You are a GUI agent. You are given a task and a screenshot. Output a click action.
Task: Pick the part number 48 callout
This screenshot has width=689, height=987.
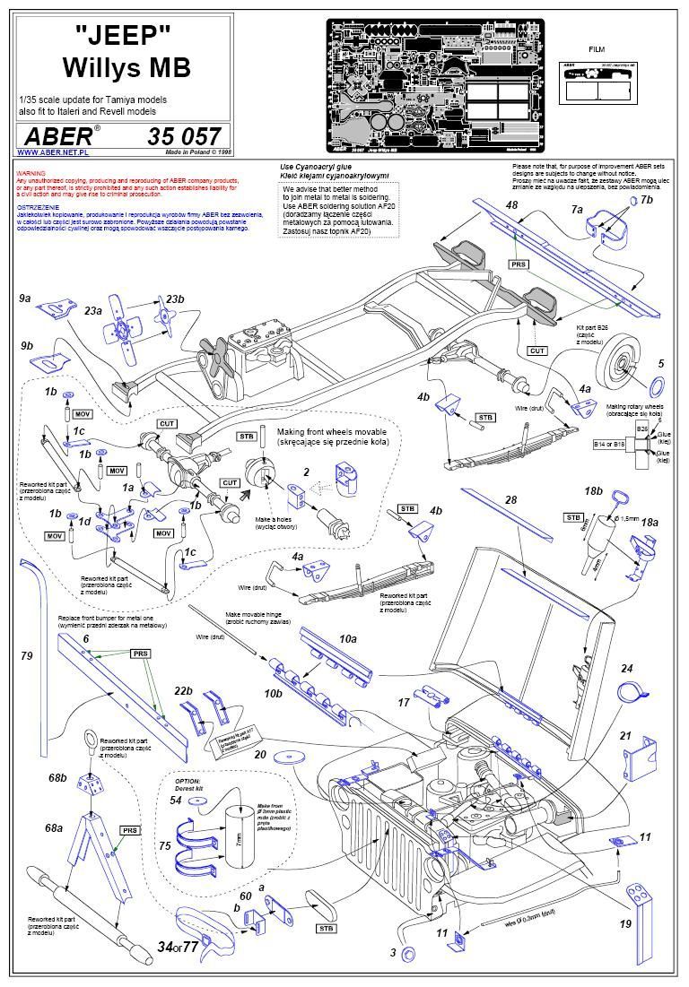pos(511,206)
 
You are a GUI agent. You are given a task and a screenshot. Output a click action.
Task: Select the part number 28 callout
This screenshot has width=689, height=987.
pos(511,498)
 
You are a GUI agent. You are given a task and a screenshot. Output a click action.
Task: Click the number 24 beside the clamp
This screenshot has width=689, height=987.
pos(627,669)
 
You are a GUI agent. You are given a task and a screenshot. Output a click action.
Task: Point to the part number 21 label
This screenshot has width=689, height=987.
pos(626,735)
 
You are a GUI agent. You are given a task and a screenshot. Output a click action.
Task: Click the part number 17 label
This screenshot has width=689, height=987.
pos(404,704)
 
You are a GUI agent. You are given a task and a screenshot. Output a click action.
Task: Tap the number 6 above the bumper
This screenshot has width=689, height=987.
pos(86,637)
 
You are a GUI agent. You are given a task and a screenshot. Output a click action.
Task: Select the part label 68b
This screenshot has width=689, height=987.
pos(58,776)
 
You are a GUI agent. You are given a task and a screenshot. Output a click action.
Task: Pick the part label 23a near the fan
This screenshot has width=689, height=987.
pos(92,310)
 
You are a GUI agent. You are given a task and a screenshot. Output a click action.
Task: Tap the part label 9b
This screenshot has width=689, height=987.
pos(26,345)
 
